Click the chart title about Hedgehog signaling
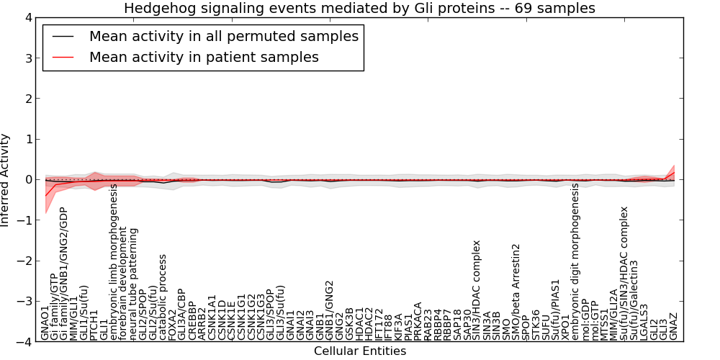tap(359, 9)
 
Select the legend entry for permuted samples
tap(223, 36)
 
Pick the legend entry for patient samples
tap(204, 57)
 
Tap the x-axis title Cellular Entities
tap(359, 351)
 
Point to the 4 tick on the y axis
tap(28, 17)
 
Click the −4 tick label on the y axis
tap(24, 343)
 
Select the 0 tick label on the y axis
tap(28, 180)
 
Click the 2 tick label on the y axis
tap(28, 99)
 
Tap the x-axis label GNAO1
tap(46, 323)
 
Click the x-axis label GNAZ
tap(673, 326)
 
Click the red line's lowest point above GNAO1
tap(46, 195)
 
